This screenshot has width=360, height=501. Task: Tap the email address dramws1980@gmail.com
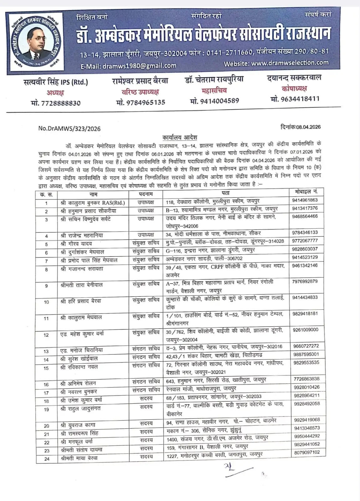128,66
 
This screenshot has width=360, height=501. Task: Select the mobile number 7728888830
56,103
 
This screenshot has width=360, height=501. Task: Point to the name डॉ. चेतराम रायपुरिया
214,80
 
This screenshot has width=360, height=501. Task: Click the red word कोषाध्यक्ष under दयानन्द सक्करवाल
294,89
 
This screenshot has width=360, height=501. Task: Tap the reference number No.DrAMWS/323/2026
69,128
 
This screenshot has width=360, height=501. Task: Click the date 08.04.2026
308,127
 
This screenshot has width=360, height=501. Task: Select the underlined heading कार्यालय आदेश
180,137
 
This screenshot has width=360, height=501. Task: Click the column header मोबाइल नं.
306,191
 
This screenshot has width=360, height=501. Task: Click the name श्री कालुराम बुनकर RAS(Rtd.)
93,203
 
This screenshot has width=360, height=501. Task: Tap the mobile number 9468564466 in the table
305,216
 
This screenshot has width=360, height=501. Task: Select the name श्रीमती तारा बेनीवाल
81,285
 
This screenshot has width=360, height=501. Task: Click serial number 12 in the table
46,335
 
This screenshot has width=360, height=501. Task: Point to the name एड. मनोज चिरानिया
81,350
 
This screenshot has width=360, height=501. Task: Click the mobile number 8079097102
307,452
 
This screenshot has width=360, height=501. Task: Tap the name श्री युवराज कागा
78,425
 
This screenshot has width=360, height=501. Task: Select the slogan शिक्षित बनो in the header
92,17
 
